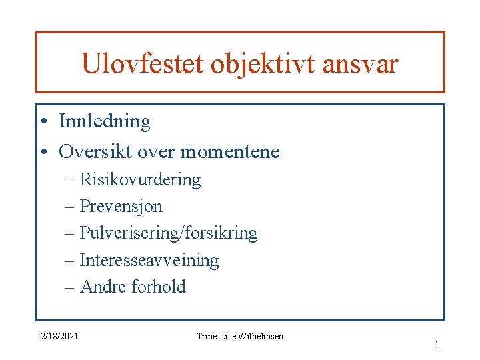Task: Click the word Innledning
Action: pyautogui.click(x=105, y=121)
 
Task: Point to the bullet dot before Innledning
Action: pyautogui.click(x=43, y=122)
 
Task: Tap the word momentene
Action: pyautogui.click(x=230, y=152)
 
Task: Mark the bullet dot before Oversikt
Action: pyautogui.click(x=43, y=153)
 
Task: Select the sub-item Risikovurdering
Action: pyautogui.click(x=140, y=180)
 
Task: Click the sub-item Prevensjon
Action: pyautogui.click(x=121, y=207)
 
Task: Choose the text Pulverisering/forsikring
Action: pyautogui.click(x=168, y=233)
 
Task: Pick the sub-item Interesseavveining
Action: pyautogui.click(x=149, y=260)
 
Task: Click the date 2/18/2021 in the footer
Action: pyautogui.click(x=57, y=336)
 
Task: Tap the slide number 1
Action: pyautogui.click(x=437, y=345)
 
